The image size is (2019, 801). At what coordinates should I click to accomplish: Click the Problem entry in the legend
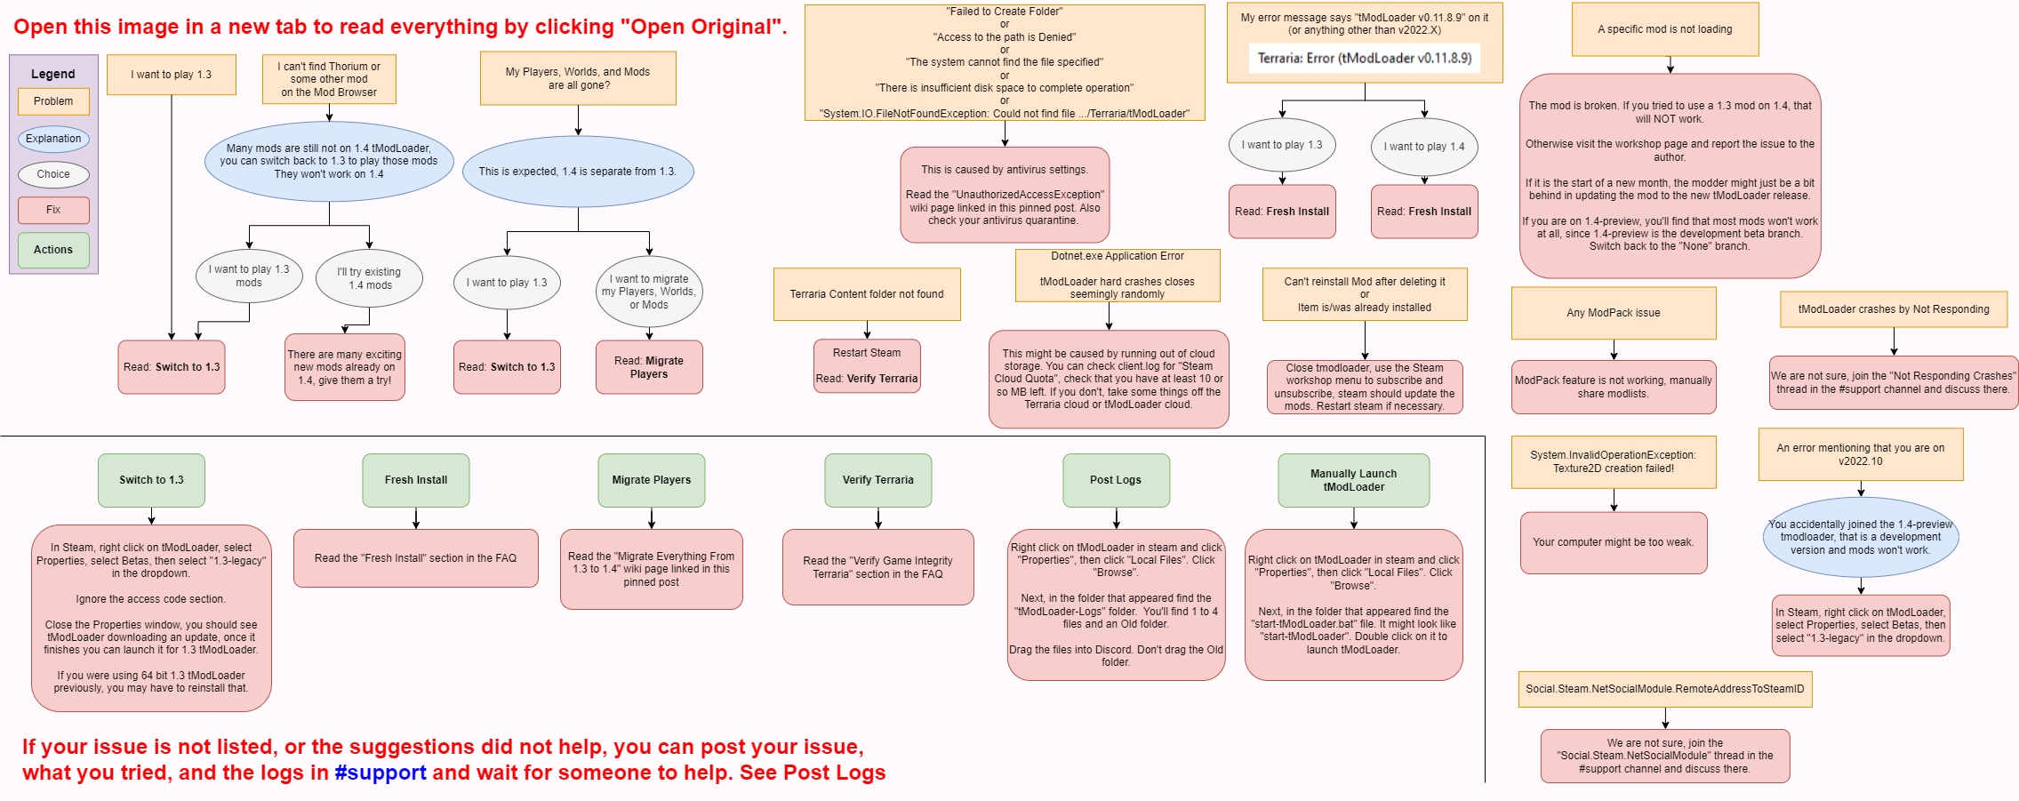53,101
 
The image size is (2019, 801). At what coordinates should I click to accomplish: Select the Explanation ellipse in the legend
53,139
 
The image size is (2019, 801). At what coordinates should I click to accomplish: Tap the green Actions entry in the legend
53,250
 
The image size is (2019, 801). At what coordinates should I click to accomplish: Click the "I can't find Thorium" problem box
329,79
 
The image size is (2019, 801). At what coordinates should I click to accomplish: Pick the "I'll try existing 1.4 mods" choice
369,278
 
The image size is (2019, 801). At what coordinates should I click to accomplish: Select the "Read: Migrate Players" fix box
649,367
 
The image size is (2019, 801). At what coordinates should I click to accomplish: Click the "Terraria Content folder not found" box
867,294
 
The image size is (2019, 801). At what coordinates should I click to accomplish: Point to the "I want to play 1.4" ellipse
1424,147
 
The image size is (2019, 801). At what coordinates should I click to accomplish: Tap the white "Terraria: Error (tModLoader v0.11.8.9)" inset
1365,59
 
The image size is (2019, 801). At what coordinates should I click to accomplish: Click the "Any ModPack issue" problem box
1614,313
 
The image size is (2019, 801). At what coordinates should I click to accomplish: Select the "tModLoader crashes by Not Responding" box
1894,309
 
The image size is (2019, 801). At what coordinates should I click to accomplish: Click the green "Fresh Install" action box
416,480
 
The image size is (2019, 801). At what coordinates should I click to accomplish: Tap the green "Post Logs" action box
1116,480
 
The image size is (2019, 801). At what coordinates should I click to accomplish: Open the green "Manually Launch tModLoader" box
1353,480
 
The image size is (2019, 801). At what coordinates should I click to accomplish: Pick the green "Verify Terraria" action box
878,480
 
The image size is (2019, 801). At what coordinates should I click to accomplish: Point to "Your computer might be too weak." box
1614,542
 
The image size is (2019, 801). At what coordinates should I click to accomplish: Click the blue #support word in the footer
381,773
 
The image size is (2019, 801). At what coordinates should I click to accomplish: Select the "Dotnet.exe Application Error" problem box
1118,276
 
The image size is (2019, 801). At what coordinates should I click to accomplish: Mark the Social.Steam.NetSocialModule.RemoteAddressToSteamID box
1665,689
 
